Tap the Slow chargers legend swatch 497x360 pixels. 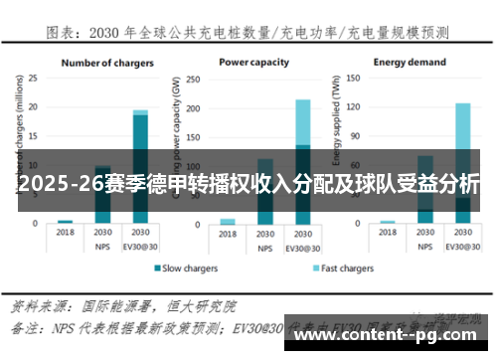click(x=156, y=269)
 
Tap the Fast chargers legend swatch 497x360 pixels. click(x=315, y=269)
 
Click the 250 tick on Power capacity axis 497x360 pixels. click(x=201, y=78)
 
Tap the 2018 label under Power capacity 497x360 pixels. click(x=228, y=234)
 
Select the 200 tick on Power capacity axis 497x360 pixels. click(x=201, y=106)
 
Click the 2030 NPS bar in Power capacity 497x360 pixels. click(x=264, y=189)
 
